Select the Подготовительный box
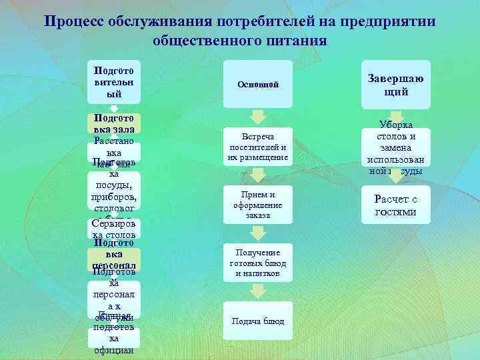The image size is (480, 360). coord(114,82)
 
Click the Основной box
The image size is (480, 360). coord(258,85)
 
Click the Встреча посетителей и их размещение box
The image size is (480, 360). coord(258,147)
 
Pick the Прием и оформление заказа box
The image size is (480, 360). coord(258,205)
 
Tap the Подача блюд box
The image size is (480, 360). coord(258,321)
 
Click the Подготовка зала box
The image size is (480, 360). coord(114,123)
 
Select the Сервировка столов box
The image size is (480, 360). coord(114,229)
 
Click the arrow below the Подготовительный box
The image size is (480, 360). coord(114,108)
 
